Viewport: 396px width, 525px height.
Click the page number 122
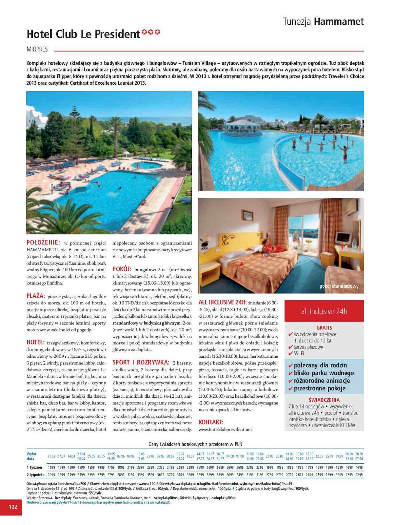13,507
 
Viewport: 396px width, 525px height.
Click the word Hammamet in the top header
339,22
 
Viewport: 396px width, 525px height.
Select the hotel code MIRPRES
37,50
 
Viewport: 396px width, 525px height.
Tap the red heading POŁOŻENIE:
43,243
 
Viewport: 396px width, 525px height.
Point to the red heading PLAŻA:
35,296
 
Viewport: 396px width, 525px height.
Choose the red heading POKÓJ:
122,269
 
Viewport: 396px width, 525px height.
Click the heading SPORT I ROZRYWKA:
141,363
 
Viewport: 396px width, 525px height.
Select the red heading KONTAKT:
211,422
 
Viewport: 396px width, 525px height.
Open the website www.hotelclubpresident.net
225,430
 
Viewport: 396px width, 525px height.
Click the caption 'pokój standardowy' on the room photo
339,286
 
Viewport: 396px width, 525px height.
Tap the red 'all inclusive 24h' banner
324,311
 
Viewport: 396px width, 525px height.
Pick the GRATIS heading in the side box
324,327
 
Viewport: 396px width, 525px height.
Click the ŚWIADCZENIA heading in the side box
324,400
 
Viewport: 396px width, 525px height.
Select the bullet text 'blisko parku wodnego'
324,373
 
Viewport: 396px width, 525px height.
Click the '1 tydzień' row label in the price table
34,467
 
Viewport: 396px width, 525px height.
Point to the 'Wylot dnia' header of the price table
31,456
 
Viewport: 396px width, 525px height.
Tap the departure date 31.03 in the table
51,456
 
